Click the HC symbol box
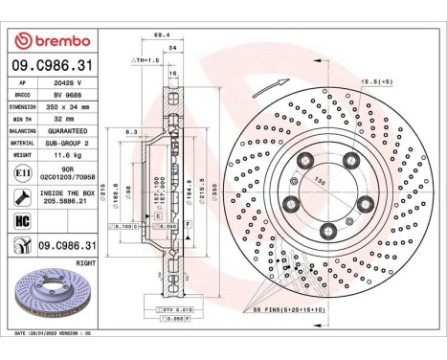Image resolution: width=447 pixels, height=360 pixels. [22, 221]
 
